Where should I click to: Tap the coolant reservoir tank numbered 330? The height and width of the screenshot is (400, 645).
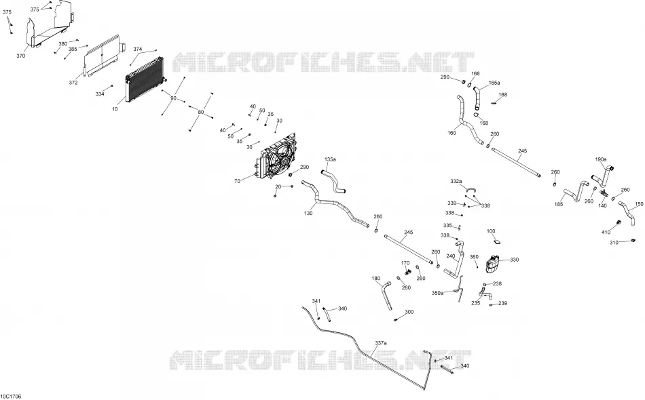click(x=492, y=263)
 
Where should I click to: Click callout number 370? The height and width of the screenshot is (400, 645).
click(x=20, y=56)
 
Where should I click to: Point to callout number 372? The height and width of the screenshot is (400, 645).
click(x=73, y=83)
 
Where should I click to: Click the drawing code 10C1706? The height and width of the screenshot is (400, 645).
click(x=11, y=397)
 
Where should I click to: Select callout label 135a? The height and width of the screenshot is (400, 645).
click(x=331, y=159)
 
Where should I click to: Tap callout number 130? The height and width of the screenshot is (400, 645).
click(x=308, y=213)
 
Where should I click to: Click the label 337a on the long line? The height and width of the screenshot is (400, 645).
click(x=381, y=342)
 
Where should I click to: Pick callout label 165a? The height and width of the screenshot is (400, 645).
click(x=494, y=83)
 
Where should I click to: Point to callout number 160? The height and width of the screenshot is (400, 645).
click(x=451, y=133)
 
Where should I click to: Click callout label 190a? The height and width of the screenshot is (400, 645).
click(x=601, y=159)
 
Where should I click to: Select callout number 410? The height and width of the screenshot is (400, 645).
click(x=606, y=233)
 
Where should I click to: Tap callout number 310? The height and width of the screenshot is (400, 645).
click(x=614, y=243)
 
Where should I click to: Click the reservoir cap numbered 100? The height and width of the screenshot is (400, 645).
click(x=496, y=242)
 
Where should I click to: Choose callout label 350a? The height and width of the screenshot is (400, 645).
click(x=438, y=294)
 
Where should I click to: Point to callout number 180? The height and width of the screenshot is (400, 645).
click(x=376, y=279)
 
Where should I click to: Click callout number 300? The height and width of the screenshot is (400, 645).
click(x=409, y=312)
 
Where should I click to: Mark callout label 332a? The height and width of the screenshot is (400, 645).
click(x=456, y=181)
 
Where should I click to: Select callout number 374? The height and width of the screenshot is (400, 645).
click(x=137, y=49)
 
